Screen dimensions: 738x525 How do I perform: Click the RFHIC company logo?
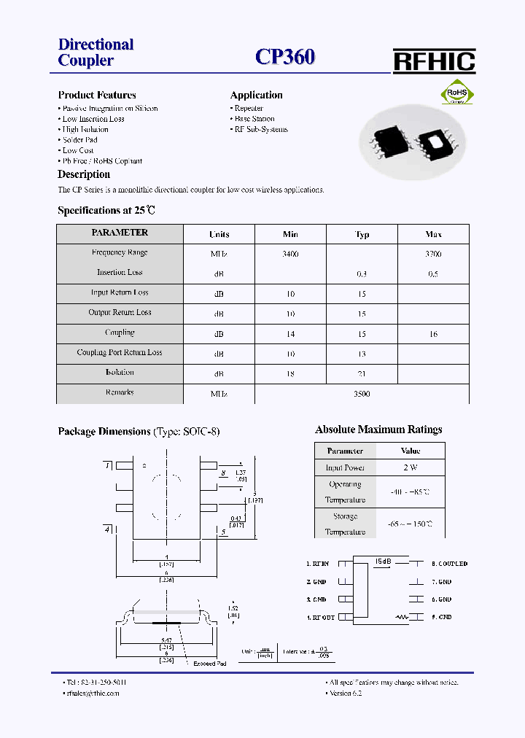pos(434,61)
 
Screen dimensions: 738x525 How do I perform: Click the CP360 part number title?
pos(285,58)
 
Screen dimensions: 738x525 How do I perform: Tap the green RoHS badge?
pos(456,95)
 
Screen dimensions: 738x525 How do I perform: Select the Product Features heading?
pos(97,95)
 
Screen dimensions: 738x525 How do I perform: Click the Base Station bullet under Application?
pos(254,119)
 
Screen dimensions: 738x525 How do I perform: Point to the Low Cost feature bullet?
pos(78,150)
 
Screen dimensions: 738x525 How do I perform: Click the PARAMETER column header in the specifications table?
pos(120,233)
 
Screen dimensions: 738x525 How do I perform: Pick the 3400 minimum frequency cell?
pos(290,254)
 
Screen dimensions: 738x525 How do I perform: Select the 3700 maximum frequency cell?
pos(433,254)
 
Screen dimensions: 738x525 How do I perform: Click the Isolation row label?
pos(120,373)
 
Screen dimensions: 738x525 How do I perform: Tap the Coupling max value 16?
pos(433,333)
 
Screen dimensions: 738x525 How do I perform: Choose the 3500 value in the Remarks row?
pos(362,394)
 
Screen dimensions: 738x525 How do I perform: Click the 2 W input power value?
pos(411,467)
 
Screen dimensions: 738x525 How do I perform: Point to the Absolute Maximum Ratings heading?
pos(378,430)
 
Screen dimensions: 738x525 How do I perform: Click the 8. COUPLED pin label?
pos(449,564)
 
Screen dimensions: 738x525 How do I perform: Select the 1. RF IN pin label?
pos(319,564)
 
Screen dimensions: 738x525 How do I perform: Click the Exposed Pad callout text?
pos(209,664)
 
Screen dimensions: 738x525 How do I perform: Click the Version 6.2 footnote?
pos(346,693)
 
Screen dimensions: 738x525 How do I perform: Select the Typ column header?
pos(362,234)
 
